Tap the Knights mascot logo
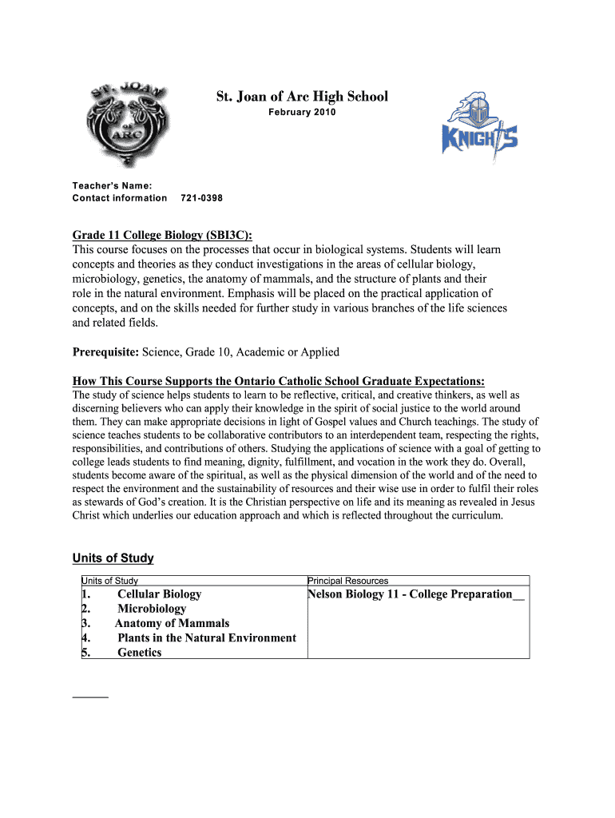coord(479,128)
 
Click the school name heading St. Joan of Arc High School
coord(302,97)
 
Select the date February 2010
coord(302,113)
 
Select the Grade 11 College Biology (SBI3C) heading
coord(162,236)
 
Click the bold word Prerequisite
coord(105,351)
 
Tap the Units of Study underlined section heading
coord(113,558)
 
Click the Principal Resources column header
coord(348,581)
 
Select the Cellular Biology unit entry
coord(159,594)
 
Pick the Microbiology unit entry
coord(152,609)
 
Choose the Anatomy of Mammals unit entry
coord(172,623)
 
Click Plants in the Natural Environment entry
coord(206,637)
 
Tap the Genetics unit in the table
coord(139,653)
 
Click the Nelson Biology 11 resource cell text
coord(415,594)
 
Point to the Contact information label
coord(120,198)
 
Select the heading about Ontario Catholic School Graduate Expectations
coord(278,380)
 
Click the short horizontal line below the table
coord(90,697)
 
